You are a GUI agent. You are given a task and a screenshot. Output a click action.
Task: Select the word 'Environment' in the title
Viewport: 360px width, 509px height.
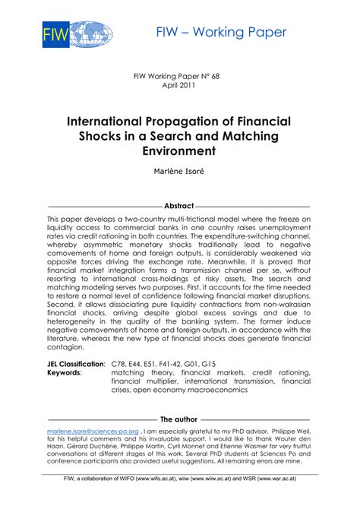coord(180,150)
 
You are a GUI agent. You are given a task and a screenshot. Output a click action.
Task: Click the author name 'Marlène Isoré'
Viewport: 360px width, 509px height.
coord(179,172)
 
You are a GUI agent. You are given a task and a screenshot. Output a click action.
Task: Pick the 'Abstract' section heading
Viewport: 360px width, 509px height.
coord(179,206)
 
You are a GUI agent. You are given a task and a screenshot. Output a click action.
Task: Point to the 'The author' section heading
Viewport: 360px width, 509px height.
coord(179,419)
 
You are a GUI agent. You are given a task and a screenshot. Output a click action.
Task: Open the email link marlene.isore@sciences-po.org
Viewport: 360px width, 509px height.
coord(92,431)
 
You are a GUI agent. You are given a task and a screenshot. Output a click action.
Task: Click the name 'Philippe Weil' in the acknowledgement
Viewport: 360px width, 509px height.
coord(285,431)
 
